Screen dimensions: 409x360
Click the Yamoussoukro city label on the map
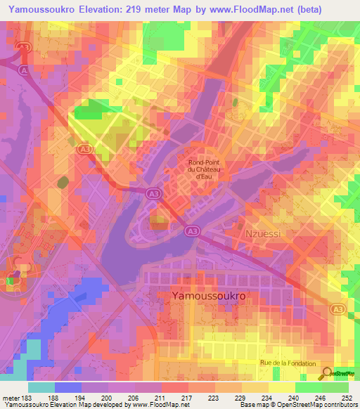point(209,297)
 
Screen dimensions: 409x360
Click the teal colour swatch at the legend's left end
point(41,387)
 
